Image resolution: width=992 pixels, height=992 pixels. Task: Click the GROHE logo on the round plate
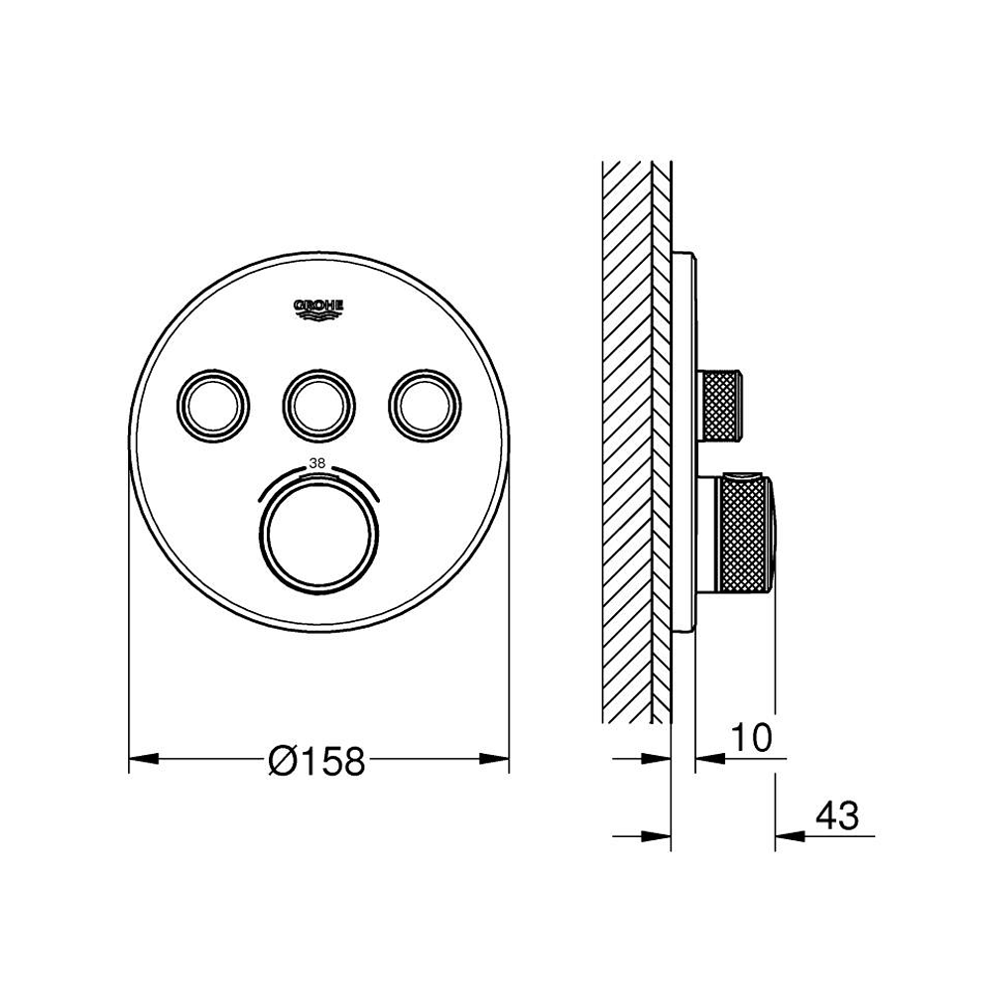[318, 310]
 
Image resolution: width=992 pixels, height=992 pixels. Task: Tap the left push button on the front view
[213, 405]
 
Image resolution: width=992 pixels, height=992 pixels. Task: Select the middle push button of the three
[318, 405]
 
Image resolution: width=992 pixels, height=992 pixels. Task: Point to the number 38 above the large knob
[317, 463]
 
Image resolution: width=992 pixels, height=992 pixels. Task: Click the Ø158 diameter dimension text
[317, 760]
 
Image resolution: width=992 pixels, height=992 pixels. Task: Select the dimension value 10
[752, 737]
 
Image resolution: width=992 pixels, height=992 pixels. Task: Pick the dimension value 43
[837, 815]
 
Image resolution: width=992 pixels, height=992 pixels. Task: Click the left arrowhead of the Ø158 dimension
[144, 758]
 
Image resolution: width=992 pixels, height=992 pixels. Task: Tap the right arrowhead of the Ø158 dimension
[494, 758]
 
